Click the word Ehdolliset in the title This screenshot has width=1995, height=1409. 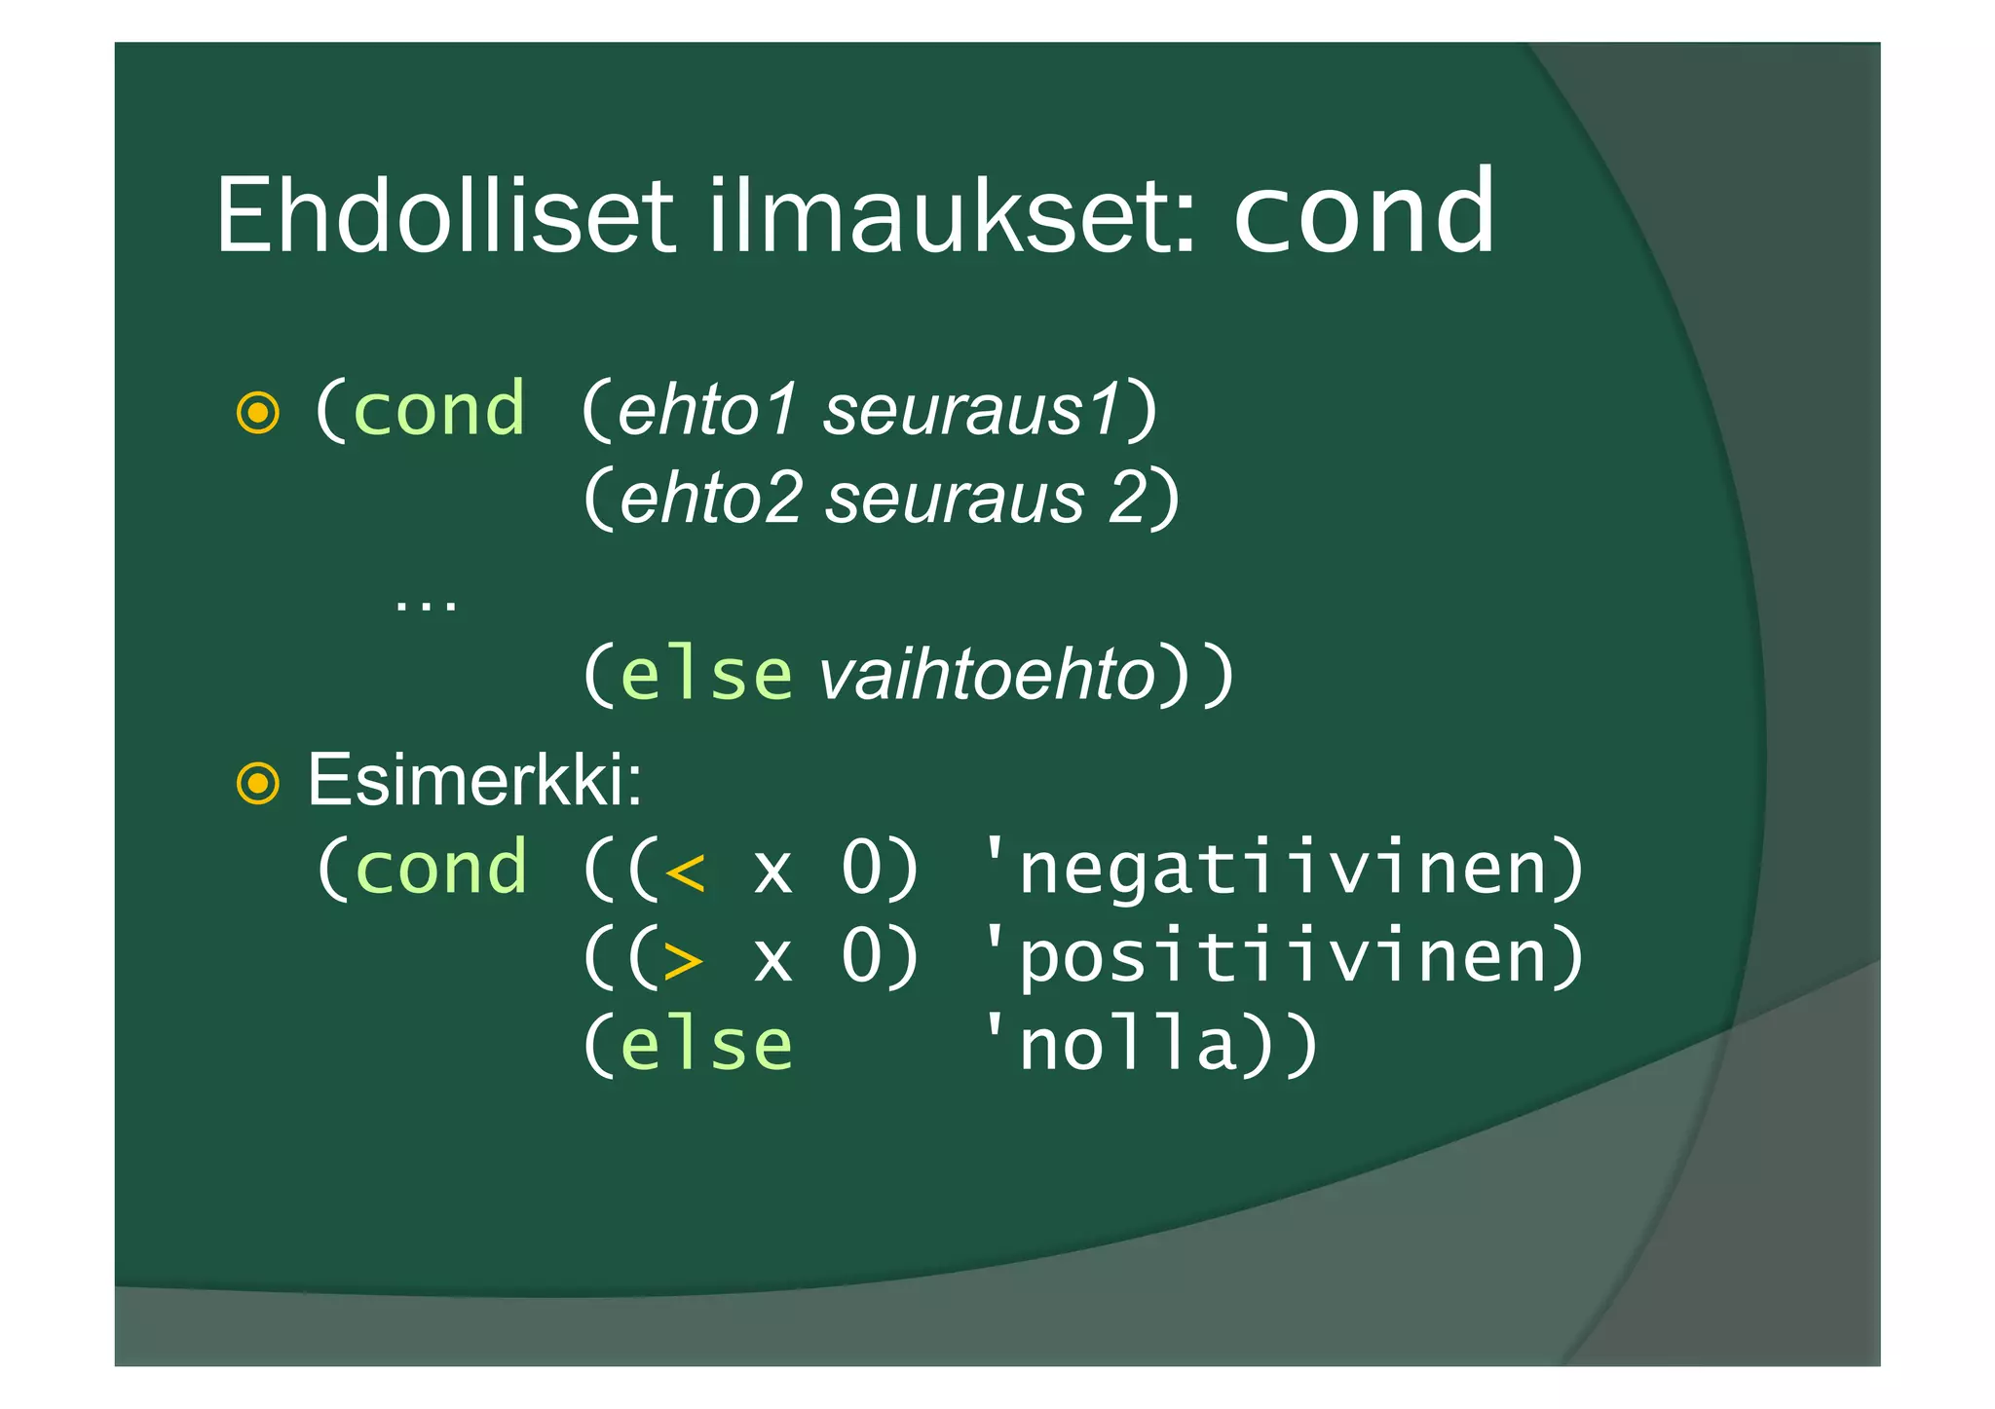pyautogui.click(x=443, y=216)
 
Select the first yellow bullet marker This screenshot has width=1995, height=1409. pyautogui.click(x=258, y=413)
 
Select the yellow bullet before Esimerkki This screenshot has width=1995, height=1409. pyautogui.click(x=258, y=783)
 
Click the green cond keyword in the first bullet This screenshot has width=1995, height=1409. pyautogui.click(x=439, y=409)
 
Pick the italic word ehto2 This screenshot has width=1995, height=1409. pyautogui.click(x=711, y=498)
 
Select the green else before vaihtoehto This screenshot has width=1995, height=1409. pyautogui.click(x=706, y=674)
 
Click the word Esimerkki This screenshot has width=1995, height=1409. pyautogui.click(x=474, y=780)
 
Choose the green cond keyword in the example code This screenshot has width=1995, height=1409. pyautogui.click(x=441, y=868)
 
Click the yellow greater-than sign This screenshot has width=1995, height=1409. pyautogui.click(x=685, y=959)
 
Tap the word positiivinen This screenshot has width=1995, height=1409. pyautogui.click(x=1281, y=957)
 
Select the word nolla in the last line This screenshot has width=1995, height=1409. pyautogui.click(x=1127, y=1046)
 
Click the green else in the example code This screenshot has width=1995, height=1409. pyautogui.click(x=706, y=1046)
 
